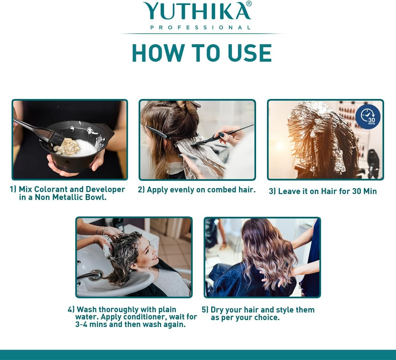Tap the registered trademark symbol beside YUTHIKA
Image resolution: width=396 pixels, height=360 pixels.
(x=249, y=4)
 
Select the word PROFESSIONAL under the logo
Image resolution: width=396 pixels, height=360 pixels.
(x=201, y=28)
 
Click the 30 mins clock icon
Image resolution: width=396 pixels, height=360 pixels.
(x=368, y=116)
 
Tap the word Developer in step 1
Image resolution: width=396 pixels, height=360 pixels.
(x=105, y=189)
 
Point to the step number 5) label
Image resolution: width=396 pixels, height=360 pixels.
(x=205, y=310)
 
